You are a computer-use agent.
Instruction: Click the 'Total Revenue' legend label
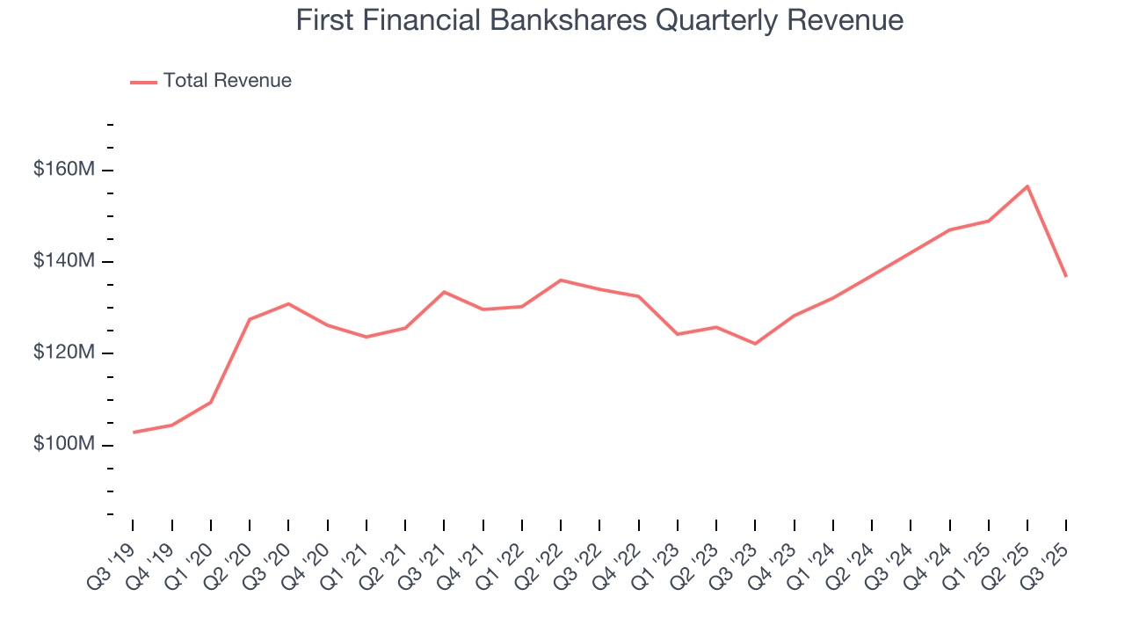[x=227, y=81]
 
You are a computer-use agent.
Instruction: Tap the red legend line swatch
[x=144, y=82]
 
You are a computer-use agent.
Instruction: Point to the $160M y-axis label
[x=63, y=170]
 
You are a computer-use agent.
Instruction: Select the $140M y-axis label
[x=63, y=261]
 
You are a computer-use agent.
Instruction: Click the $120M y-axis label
[x=63, y=353]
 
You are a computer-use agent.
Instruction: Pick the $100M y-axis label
[x=63, y=444]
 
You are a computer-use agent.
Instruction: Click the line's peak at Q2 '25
[x=1027, y=186]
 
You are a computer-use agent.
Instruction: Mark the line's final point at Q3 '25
[x=1066, y=277]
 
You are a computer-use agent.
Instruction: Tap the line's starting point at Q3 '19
[x=134, y=432]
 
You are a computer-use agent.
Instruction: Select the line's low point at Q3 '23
[x=755, y=344]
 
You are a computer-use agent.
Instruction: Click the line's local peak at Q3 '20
[x=288, y=304]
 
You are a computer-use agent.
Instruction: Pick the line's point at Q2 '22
[x=561, y=280]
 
